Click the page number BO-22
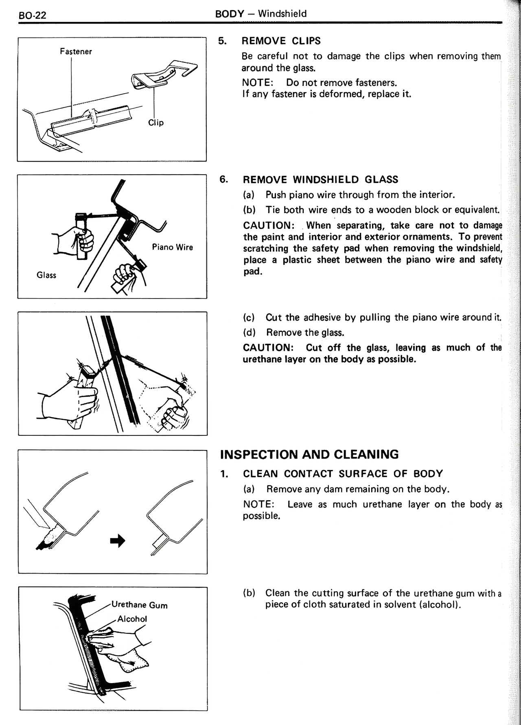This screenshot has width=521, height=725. coord(33,15)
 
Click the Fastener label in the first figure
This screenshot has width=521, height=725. coord(76,52)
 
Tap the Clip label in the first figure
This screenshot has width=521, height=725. coord(156,123)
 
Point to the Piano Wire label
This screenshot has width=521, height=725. coord(172,247)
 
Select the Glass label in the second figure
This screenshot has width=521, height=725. coord(46,275)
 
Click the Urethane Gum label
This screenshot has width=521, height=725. coord(139,605)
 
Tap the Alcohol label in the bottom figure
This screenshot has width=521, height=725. coord(132,619)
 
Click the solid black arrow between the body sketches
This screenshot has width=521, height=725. coord(118,541)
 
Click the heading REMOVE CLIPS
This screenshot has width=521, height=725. coord(281,41)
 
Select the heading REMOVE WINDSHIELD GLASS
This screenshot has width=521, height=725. coord(320,180)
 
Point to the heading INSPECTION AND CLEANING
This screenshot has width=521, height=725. coord(309,455)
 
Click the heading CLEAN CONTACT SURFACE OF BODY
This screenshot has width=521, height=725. coord(343,474)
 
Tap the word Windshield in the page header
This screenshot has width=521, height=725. coord(282,14)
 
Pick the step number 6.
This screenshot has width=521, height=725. coord(224,180)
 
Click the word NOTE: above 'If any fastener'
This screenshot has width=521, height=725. coord(257,83)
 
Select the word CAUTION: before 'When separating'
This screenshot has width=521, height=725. coord(269,226)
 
